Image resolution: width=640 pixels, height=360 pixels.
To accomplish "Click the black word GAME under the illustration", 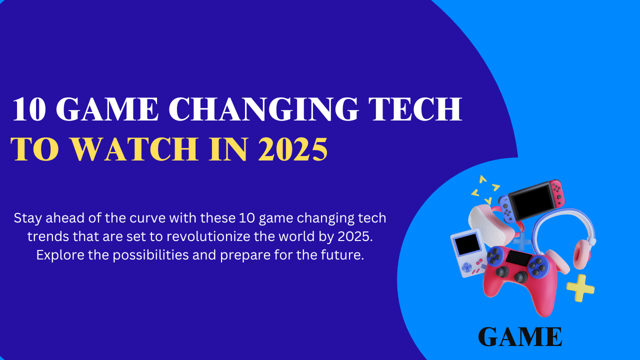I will click(x=520, y=337).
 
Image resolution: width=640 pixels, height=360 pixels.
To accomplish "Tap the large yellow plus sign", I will click(x=580, y=287).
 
